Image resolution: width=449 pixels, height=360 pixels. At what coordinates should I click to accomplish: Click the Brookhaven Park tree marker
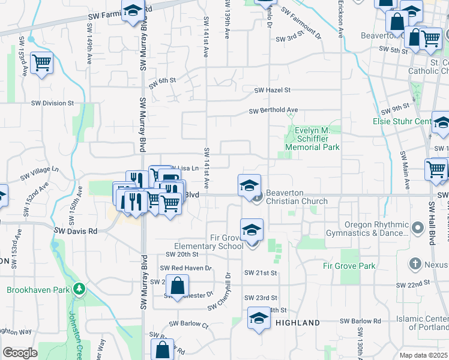[x=79, y=290]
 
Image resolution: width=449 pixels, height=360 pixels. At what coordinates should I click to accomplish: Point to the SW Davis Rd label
[x=76, y=230]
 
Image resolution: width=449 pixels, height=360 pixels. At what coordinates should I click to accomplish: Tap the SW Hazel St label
[x=272, y=90]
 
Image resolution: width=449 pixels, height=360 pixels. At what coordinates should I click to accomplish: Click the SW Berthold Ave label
[x=274, y=110]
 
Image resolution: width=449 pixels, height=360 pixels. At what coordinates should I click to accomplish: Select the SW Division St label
[x=52, y=103]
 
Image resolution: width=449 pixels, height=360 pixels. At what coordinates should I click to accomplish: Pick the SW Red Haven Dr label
[x=185, y=268]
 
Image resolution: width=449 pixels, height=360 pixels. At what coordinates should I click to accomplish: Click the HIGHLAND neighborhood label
[x=298, y=323]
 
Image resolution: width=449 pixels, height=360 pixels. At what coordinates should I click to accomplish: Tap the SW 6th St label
[x=163, y=80]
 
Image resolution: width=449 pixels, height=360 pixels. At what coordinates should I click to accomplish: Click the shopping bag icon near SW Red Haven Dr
[x=178, y=286]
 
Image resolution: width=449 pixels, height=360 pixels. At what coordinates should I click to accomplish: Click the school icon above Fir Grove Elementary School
[x=252, y=229]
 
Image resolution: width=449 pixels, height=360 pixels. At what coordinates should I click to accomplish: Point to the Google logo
[x=20, y=353]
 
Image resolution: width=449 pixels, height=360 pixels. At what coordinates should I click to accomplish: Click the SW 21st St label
[x=261, y=273]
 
